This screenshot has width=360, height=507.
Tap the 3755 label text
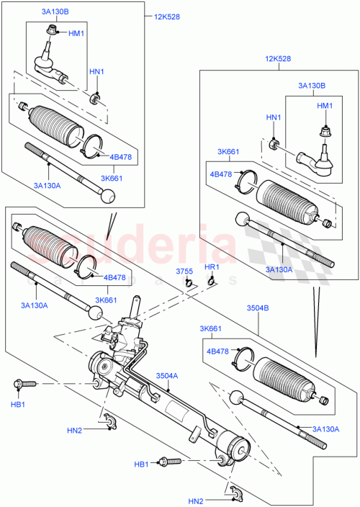click(185, 271)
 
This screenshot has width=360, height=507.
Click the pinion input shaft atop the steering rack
click(134, 306)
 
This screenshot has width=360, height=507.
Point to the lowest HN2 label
click(197, 501)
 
